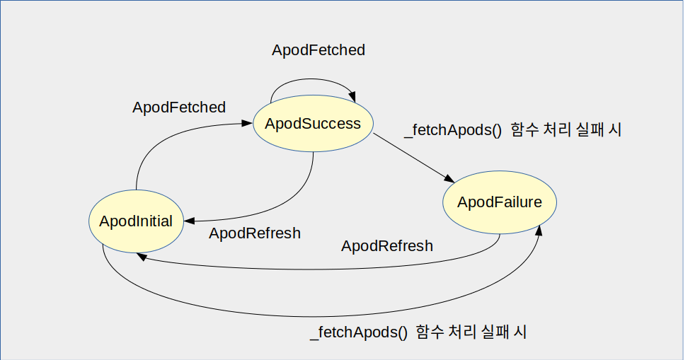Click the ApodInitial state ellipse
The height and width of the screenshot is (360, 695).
click(136, 221)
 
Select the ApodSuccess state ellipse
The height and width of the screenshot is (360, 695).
click(313, 124)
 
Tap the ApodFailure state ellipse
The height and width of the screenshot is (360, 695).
click(500, 202)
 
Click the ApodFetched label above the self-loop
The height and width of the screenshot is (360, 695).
click(318, 50)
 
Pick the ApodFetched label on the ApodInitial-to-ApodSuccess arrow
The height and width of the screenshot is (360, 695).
click(179, 108)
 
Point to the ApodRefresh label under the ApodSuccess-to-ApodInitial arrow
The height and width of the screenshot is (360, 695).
click(255, 233)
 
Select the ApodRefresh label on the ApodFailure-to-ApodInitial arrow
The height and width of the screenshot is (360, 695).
click(387, 246)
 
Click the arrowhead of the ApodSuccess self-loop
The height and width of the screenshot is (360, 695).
click(352, 95)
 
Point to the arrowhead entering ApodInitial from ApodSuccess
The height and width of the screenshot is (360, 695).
click(189, 221)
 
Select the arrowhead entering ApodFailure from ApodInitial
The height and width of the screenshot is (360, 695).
click(541, 230)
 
